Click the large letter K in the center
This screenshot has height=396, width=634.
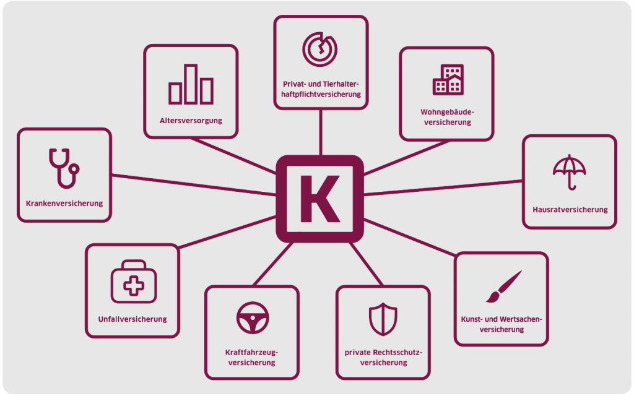319,199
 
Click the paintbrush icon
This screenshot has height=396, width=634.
504,286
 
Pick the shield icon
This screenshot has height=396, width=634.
383,319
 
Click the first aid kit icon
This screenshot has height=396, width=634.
134,282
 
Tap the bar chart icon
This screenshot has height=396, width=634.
191,84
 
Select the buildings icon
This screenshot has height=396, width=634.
448,80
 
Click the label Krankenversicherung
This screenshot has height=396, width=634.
64,203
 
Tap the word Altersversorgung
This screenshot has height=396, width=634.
191,121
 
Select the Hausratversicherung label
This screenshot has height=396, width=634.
570,210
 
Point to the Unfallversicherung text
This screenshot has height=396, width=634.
132,319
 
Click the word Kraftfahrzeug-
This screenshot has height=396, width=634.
251,352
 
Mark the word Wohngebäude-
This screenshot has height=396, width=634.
447,113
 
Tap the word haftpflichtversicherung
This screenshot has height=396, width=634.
321,95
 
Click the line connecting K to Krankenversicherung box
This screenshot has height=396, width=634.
194,185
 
